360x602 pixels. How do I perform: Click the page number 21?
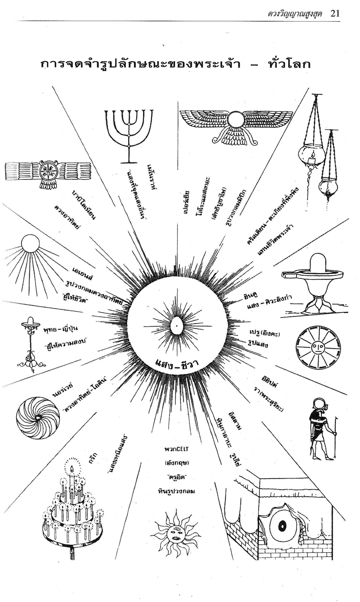point(335,13)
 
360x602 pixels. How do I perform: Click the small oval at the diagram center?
point(177,324)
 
